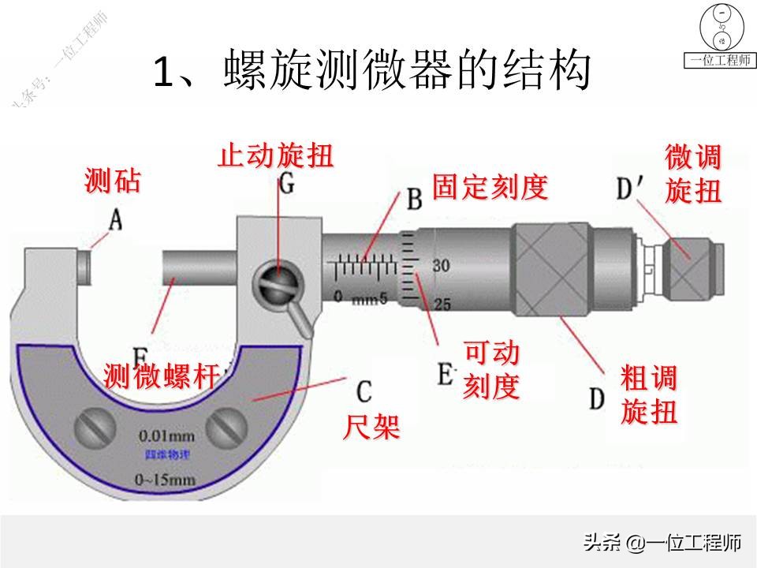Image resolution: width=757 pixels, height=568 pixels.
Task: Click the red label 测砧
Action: [113, 182]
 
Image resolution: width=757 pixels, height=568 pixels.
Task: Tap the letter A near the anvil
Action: [115, 220]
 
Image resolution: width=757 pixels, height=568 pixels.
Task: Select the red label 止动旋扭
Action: [276, 155]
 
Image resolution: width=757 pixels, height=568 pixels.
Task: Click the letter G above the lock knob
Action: [287, 185]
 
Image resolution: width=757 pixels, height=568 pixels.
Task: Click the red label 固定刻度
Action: [490, 188]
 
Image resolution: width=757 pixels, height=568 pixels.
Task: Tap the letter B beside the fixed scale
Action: [414, 200]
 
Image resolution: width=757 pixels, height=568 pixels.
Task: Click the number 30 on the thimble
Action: [442, 267]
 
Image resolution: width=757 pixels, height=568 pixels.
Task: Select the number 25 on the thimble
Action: [442, 304]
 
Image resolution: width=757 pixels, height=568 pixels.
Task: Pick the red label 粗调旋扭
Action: [649, 395]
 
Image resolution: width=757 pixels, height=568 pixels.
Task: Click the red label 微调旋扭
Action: [693, 174]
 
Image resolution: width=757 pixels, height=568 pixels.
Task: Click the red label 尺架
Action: [371, 427]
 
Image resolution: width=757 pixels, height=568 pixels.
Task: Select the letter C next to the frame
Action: [364, 390]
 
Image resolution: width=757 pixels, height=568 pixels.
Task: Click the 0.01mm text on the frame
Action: [166, 435]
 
